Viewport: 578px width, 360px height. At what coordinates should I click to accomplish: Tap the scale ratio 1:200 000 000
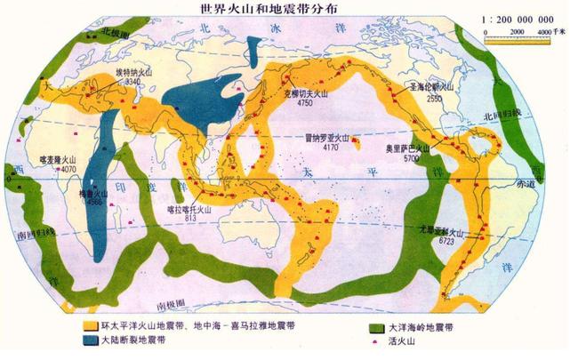[x=524, y=20]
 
